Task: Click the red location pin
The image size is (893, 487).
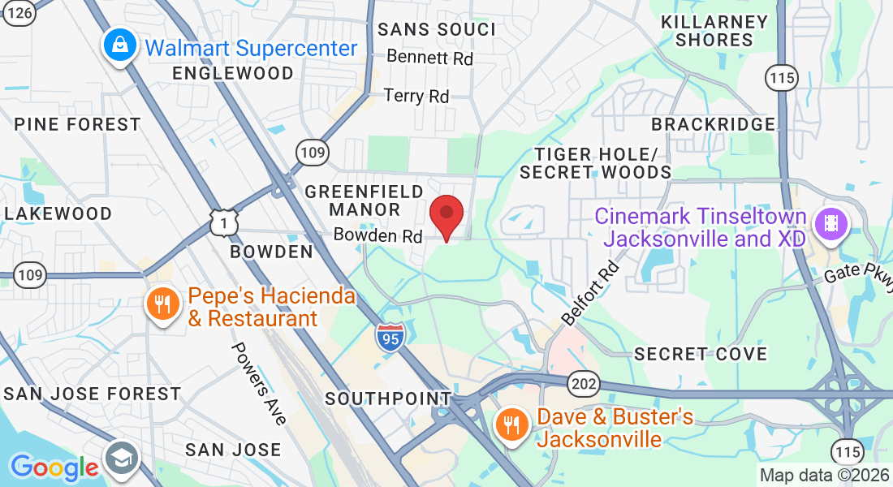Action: click(x=446, y=214)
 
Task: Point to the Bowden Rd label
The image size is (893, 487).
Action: click(x=378, y=236)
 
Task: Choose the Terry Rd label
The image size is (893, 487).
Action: click(x=416, y=96)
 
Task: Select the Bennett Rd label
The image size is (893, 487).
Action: click(x=429, y=58)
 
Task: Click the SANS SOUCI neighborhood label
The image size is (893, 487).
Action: click(x=437, y=30)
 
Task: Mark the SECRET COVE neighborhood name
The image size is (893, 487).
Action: click(x=701, y=354)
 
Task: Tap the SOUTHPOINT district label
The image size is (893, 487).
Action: click(x=388, y=399)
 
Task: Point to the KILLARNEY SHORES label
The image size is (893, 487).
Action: click(x=714, y=30)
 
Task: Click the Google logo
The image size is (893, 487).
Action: click(x=54, y=468)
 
